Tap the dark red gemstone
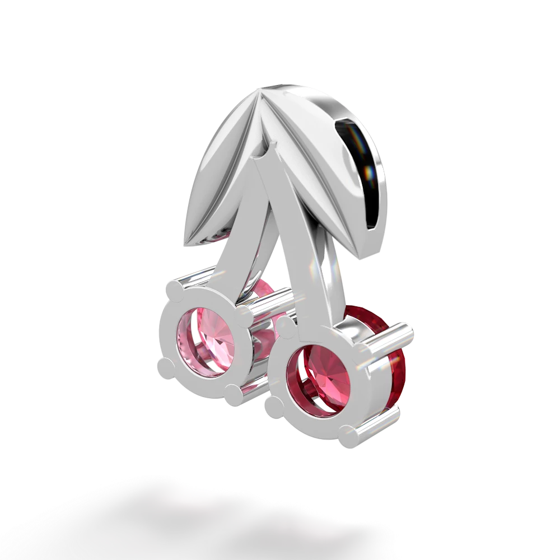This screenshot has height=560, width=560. [x=318, y=382]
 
